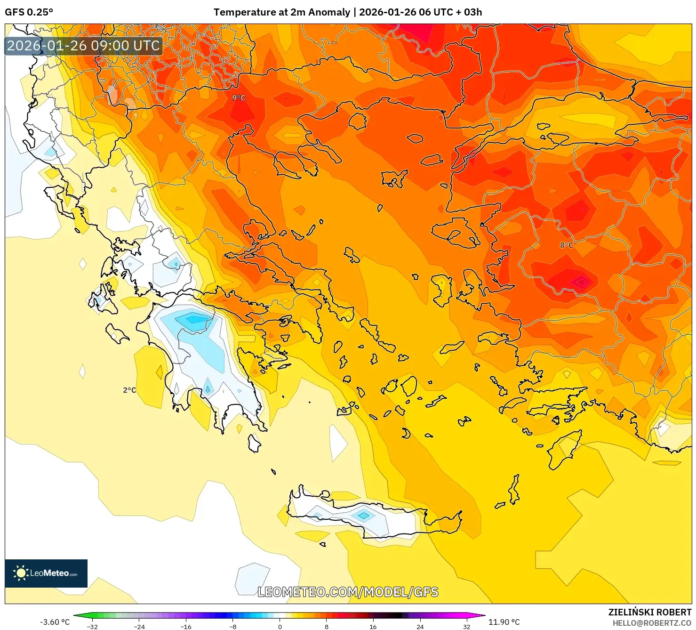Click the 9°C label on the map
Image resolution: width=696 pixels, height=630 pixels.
(x=239, y=98)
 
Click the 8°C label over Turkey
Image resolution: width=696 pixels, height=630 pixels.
(x=567, y=245)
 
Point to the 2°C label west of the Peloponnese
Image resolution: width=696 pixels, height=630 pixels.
(x=129, y=390)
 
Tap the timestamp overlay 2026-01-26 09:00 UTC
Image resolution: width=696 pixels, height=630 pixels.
(x=83, y=46)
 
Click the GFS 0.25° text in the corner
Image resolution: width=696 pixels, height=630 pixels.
(x=29, y=12)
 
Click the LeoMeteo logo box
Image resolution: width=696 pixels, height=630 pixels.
(x=46, y=573)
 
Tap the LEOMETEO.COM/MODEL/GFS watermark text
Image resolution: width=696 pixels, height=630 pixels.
(x=348, y=592)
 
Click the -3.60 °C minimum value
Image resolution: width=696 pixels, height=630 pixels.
(x=55, y=622)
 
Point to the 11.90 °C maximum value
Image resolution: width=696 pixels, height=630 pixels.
(x=504, y=622)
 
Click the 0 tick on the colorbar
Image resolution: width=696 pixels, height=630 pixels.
(x=280, y=627)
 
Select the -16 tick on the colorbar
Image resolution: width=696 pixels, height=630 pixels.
(x=186, y=627)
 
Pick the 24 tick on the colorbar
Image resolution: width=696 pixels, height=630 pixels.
(x=420, y=627)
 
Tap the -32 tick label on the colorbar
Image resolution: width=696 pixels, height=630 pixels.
(x=92, y=627)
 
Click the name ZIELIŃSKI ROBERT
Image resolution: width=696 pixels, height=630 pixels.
(x=649, y=612)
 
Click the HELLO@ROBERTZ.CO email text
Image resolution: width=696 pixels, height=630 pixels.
(x=652, y=623)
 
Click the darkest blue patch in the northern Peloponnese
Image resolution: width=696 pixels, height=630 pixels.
(x=193, y=320)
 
